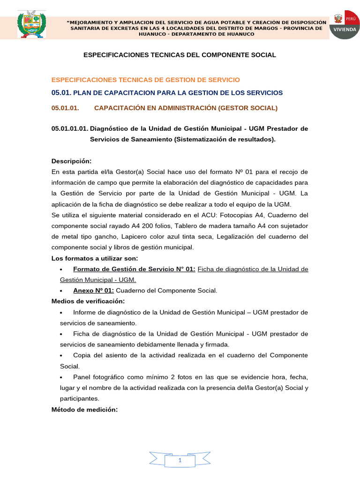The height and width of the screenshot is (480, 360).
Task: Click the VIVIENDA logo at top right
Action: pyautogui.click(x=345, y=24)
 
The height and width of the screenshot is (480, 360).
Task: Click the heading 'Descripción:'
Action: pyautogui.click(x=71, y=161)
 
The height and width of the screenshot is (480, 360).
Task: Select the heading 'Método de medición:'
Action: pyautogui.click(x=84, y=410)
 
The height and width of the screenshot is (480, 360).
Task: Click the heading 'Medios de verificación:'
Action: pyautogui.click(x=88, y=301)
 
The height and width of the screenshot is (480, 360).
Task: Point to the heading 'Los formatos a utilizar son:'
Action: pyautogui.click(x=94, y=258)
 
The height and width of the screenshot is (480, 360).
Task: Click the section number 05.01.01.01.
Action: pyautogui.click(x=69, y=128)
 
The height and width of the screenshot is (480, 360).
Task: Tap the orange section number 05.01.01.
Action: pyautogui.click(x=65, y=108)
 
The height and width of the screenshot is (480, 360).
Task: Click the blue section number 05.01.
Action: pyautogui.click(x=61, y=93)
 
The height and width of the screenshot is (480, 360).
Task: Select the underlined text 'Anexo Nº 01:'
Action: pyautogui.click(x=93, y=291)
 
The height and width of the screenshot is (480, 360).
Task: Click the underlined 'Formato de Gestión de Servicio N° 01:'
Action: pyautogui.click(x=134, y=269)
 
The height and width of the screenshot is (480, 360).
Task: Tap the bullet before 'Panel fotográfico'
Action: pyautogui.click(x=62, y=377)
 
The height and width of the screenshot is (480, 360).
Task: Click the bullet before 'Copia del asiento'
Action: pyautogui.click(x=62, y=356)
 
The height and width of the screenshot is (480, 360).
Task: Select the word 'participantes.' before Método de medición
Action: pyautogui.click(x=79, y=398)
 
